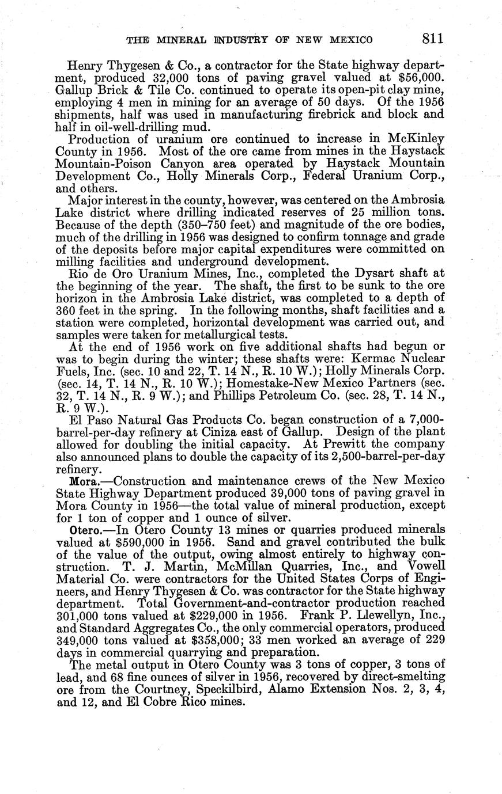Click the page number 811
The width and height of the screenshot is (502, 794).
click(x=432, y=39)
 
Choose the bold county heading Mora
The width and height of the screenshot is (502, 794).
click(x=82, y=480)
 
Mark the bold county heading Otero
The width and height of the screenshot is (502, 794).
click(x=84, y=529)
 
